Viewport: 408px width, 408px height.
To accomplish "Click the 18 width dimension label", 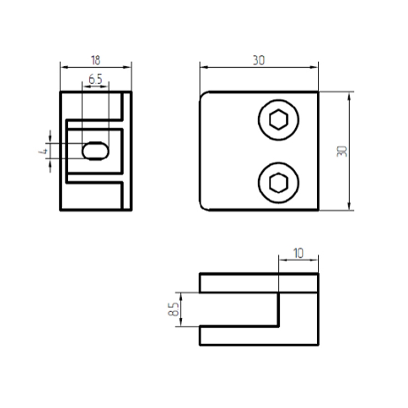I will [95, 60].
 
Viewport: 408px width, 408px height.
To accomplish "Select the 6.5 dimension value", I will [95, 80].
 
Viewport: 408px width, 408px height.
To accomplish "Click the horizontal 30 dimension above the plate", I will [259, 60].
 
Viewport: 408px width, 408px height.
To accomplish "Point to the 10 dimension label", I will [298, 252].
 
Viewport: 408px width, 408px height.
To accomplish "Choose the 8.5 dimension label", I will [173, 309].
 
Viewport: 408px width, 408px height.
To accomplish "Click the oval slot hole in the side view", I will [95, 151].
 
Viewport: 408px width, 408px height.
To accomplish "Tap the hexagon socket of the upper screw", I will [278, 120].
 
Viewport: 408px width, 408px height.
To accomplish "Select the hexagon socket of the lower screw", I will [278, 183].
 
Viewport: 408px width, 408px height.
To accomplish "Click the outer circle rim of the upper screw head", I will [278, 100].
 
